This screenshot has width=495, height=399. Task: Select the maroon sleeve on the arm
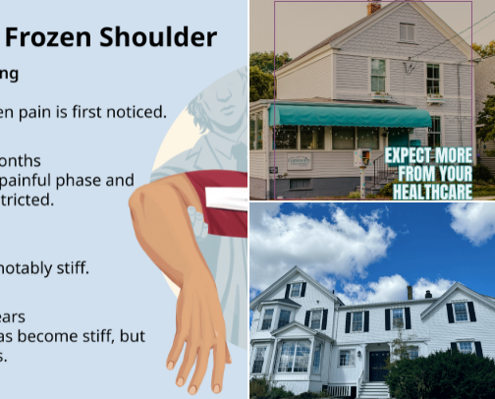click(220, 202)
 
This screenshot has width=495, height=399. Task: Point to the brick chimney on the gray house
click(372, 7)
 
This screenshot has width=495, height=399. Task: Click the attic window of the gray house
click(406, 31)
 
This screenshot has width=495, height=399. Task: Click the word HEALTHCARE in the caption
click(432, 192)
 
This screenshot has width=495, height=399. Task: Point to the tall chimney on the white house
click(409, 292)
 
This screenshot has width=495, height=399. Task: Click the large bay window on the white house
click(294, 356)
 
